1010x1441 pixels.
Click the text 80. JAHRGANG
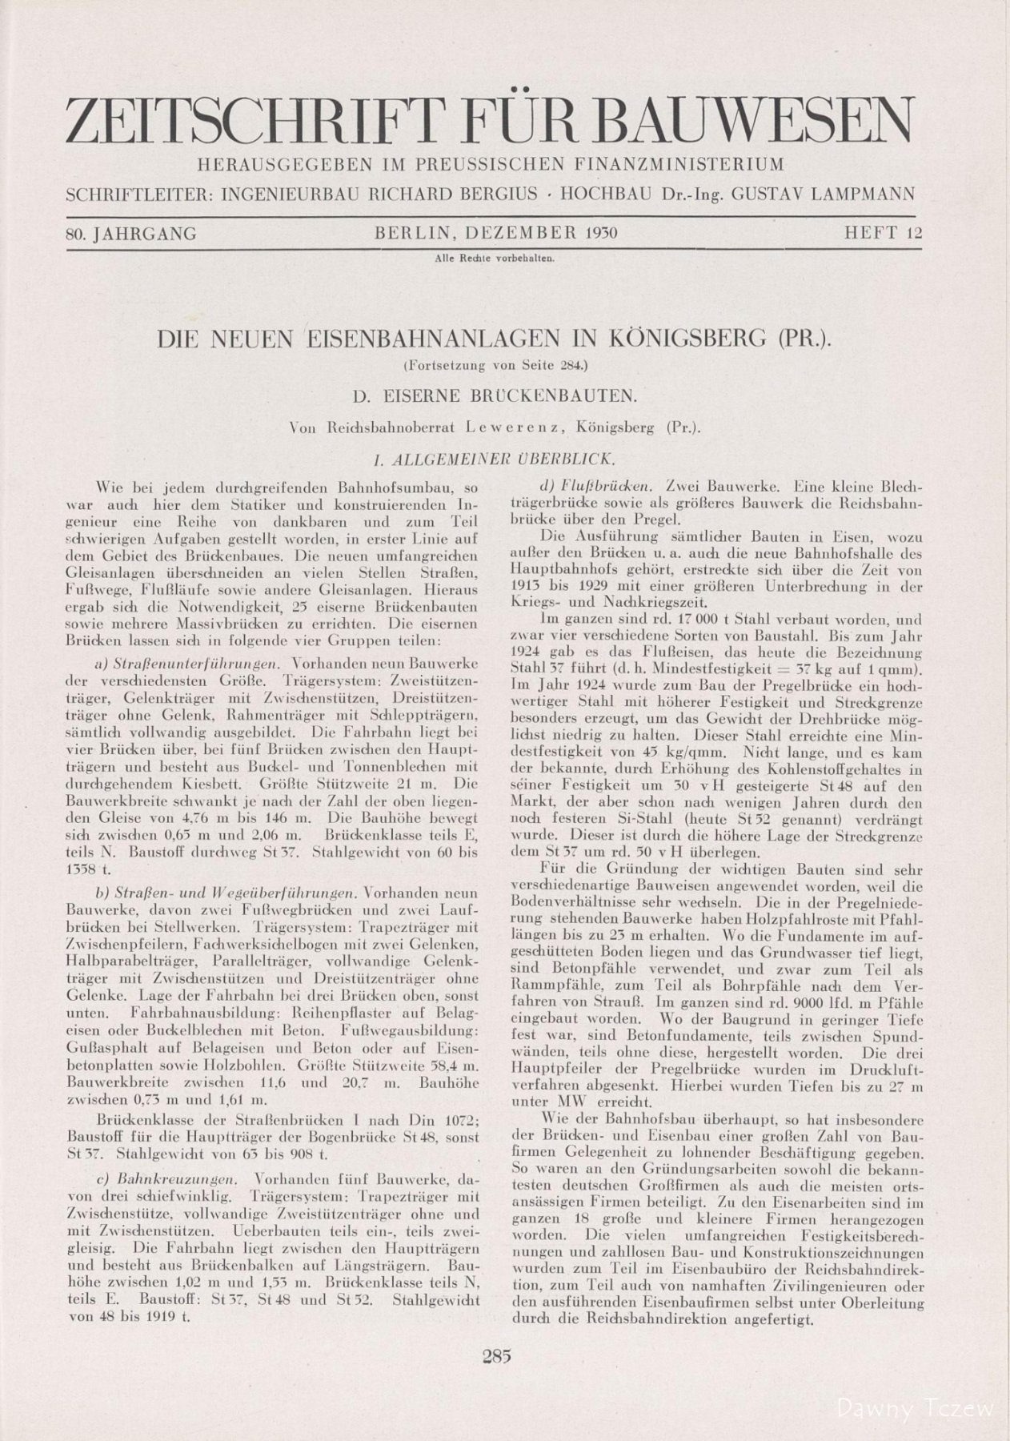tap(132, 234)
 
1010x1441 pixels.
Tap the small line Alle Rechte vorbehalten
tap(494, 259)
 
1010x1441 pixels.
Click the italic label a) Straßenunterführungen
tap(190, 664)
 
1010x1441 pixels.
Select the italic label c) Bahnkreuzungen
tap(167, 1179)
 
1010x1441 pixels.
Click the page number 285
tap(497, 1355)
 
